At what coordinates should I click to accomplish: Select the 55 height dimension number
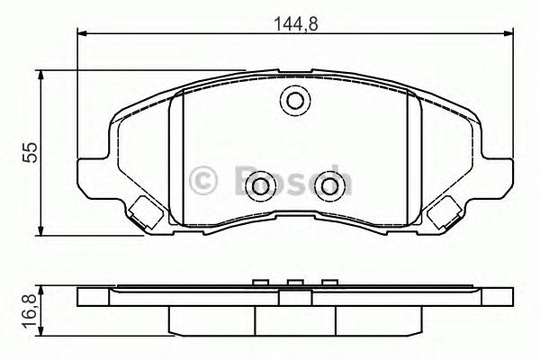(30, 152)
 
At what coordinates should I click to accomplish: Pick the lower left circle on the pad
(261, 186)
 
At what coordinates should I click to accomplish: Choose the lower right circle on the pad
(328, 186)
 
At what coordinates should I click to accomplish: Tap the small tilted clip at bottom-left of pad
(140, 213)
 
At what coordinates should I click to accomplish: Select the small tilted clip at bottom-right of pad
(445, 213)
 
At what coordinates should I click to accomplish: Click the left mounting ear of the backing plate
(92, 175)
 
